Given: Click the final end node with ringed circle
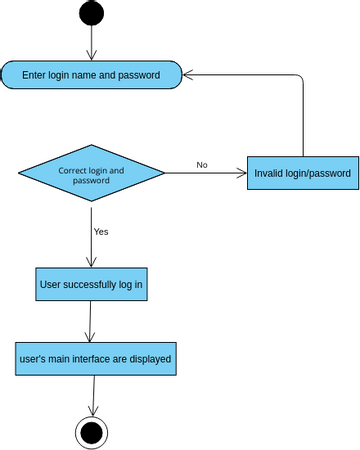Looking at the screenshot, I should (x=92, y=432).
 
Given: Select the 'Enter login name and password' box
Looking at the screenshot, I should (x=91, y=75).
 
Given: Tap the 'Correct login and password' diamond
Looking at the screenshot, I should (x=91, y=175).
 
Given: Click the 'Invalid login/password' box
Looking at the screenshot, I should (x=302, y=173).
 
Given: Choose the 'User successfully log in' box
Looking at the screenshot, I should (x=91, y=284).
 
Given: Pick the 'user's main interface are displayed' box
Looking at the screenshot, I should (x=96, y=358).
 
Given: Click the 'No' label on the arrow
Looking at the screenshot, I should (x=202, y=165).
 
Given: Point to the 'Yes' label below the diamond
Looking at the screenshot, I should (x=101, y=231).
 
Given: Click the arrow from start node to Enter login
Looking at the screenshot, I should (x=91, y=42).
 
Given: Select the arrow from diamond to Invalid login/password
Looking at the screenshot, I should (x=205, y=174).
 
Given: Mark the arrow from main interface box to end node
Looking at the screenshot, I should (x=93, y=396).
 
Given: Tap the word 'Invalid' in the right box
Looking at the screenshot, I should (x=271, y=173).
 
